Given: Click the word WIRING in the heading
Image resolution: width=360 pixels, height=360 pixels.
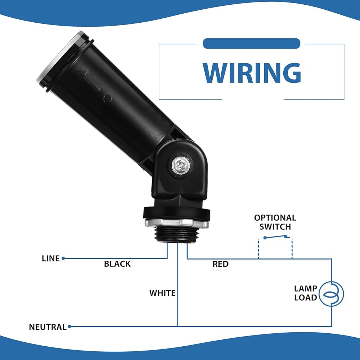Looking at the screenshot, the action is coord(252,73).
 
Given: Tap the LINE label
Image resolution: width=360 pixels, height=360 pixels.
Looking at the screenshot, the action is coord(50,258).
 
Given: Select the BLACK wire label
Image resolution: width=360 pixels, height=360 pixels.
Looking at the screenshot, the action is coord(117,264).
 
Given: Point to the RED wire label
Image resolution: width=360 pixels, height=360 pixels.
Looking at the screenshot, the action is coord(220,264).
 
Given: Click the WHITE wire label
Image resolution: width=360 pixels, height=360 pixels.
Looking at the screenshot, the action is coord(163,293).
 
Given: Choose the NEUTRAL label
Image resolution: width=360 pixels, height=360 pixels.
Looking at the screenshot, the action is coord(48,327).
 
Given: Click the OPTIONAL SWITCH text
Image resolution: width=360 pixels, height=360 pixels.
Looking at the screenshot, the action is coord(275,222).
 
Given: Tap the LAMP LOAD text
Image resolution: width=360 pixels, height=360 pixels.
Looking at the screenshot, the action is coord(306,293).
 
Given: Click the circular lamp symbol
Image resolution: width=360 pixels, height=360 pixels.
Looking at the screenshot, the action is coord(331,294).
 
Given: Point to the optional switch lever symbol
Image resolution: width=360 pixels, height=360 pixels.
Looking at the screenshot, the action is coord(276,237).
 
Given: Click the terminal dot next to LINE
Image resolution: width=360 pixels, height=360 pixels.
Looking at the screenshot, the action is coord(63,258).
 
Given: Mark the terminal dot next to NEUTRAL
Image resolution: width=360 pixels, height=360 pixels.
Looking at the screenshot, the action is coord(69,327).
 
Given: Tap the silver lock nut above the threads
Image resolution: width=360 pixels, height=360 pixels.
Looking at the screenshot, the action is coord(176,223).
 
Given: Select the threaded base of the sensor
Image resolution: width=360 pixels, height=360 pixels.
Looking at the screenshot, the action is coord(177,235).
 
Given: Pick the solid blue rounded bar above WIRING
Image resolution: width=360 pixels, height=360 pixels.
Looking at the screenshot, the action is coord(252,44).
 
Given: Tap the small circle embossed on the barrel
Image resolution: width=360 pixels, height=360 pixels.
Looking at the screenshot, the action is coord(107,98).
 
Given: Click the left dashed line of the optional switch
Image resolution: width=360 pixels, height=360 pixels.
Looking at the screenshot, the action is coord(258,249).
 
